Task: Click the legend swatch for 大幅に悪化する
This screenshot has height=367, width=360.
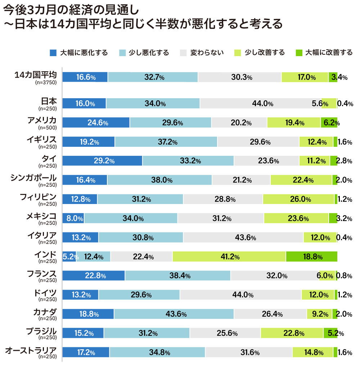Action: [53, 53]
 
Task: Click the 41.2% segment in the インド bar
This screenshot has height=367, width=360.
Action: [229, 257]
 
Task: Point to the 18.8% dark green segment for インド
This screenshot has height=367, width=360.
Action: [311, 257]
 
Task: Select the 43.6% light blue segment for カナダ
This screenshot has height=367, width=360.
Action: [174, 314]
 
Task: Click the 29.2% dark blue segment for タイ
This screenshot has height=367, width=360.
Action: [103, 161]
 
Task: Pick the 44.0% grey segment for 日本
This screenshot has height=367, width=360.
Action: [260, 104]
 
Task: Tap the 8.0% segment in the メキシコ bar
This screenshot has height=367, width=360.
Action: [73, 218]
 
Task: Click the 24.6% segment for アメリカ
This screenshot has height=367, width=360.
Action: [96, 123]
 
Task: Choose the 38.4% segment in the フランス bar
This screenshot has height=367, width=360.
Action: [177, 276]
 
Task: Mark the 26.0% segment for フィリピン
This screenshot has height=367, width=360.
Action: [298, 199]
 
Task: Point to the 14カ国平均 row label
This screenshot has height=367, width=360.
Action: [35, 75]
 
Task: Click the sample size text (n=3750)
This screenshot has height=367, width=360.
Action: [46, 82]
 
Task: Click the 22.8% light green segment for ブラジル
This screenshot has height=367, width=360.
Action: [292, 333]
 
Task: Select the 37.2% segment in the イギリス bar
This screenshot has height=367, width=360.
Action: [166, 142]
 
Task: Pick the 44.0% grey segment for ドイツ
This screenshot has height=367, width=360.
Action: [240, 295]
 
